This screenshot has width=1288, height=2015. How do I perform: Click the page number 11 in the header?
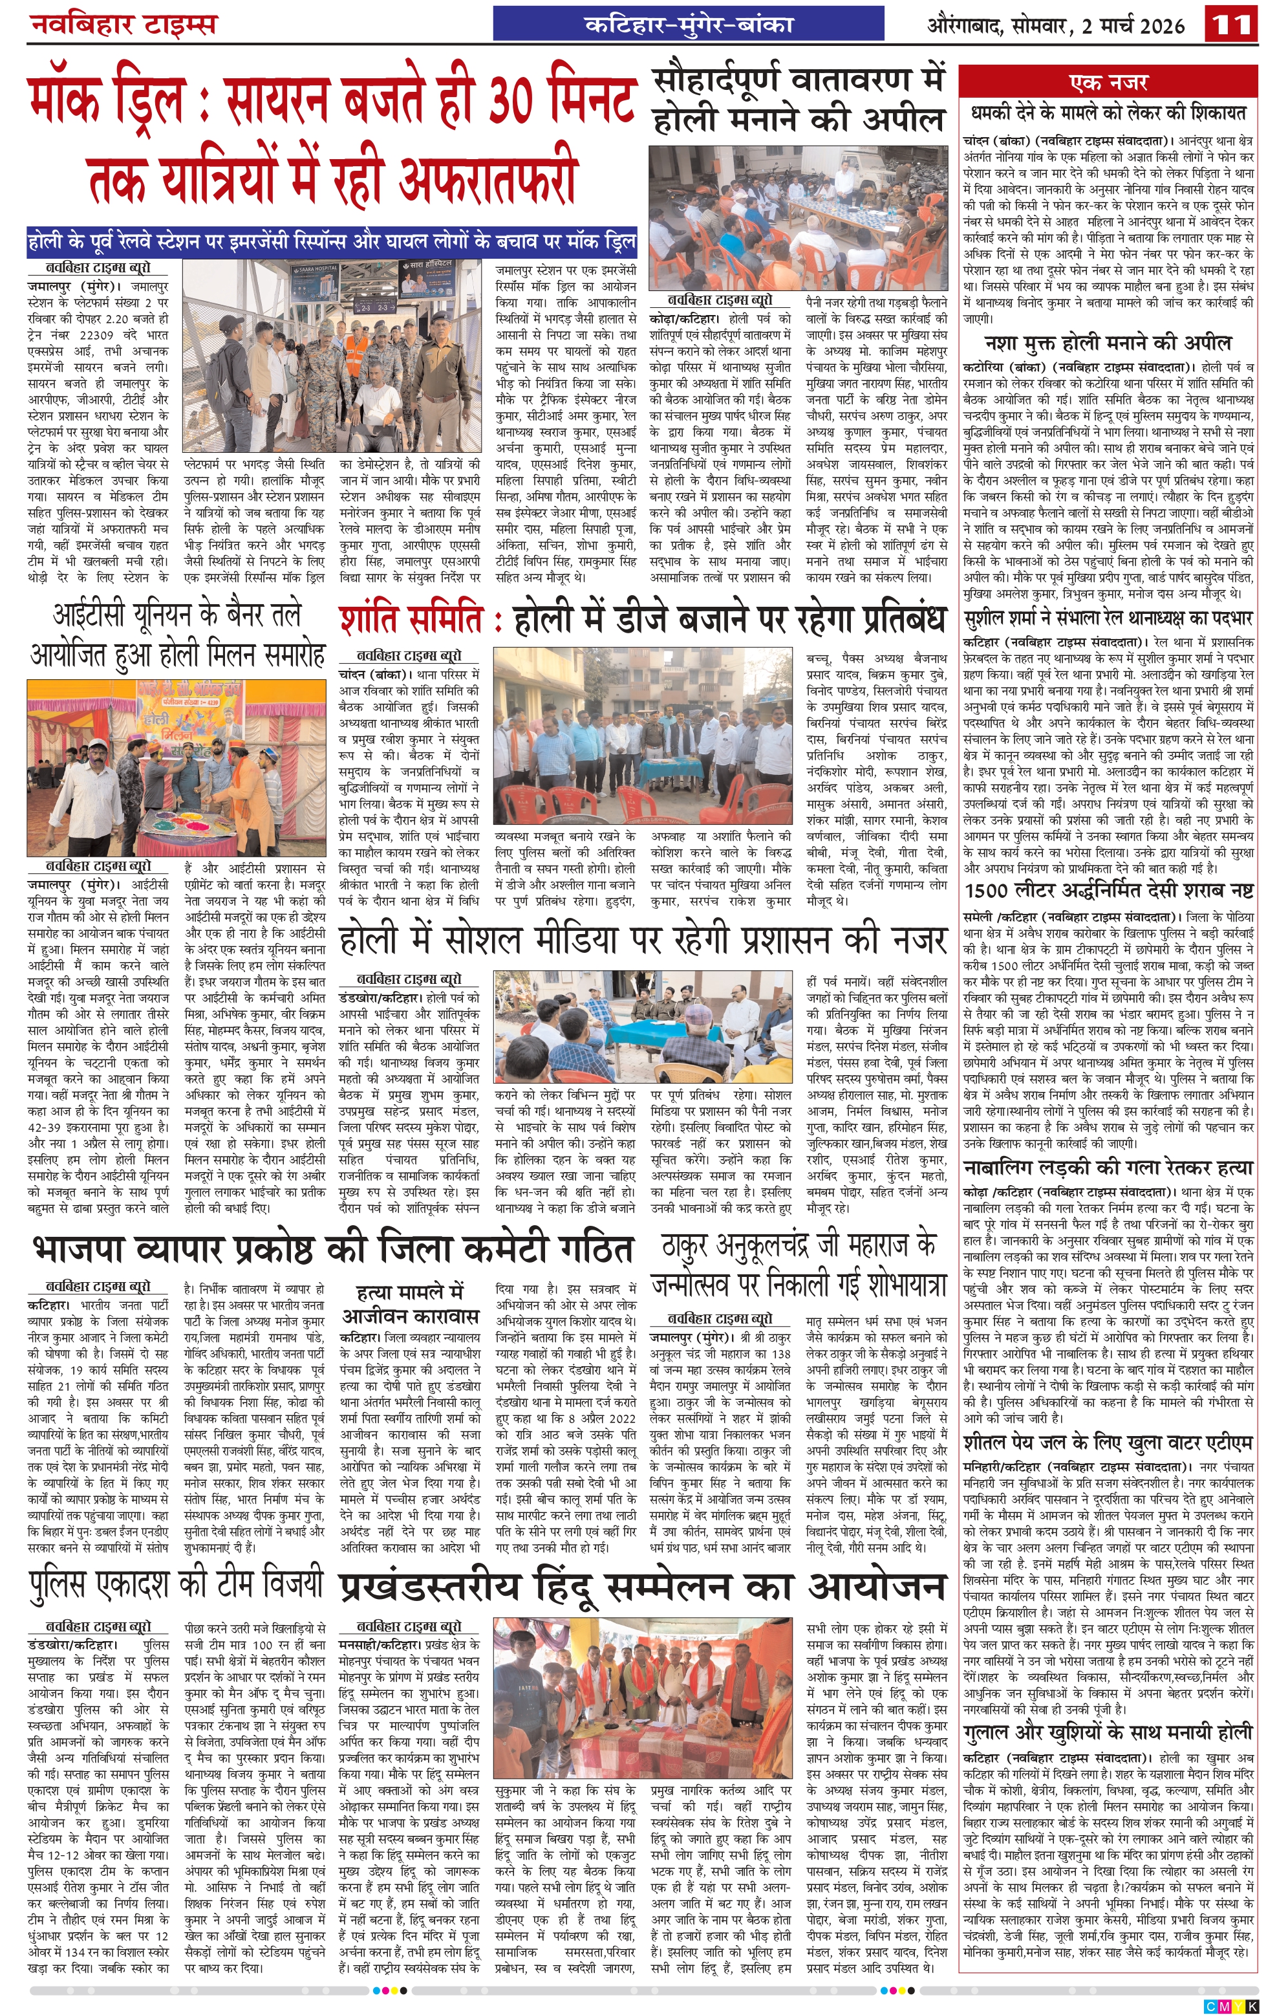(x=1231, y=23)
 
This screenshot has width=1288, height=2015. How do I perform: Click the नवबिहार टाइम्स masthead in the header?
(x=123, y=23)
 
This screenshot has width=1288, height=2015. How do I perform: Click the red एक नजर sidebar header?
(x=1108, y=83)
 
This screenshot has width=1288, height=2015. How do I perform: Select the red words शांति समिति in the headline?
(x=411, y=621)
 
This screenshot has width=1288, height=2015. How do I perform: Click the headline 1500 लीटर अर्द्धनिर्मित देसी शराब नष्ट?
(x=1108, y=889)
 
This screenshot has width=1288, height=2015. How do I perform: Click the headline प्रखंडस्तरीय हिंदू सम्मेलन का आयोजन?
(x=642, y=1587)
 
